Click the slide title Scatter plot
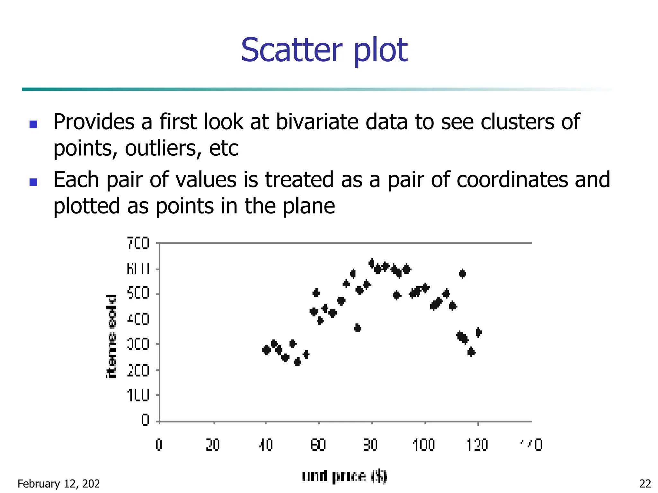tap(324, 50)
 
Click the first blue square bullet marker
tap(33, 124)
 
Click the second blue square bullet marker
tap(33, 182)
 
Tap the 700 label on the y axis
tap(138, 243)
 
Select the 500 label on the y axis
tap(138, 293)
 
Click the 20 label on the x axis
tap(213, 445)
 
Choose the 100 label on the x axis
tap(424, 445)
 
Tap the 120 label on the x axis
tap(477, 445)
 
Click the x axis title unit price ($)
tap(344, 476)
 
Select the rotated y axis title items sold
tap(111, 336)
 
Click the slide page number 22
tap(645, 483)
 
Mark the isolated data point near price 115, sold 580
tap(462, 274)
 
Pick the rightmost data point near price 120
tap(478, 332)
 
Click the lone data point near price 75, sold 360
tap(358, 328)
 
